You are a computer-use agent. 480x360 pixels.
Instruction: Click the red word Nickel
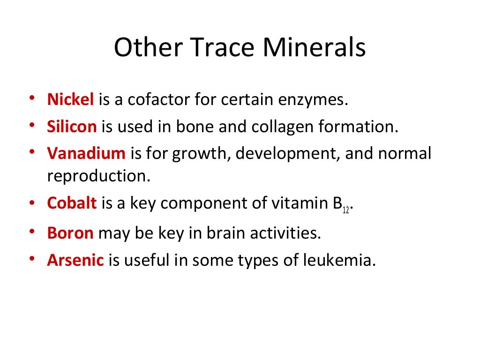point(71,100)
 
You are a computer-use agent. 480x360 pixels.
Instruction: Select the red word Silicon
point(72,127)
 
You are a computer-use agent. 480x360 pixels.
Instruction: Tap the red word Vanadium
point(86,154)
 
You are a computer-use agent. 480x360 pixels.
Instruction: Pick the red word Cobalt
point(72,203)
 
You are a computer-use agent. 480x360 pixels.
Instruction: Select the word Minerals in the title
point(314,48)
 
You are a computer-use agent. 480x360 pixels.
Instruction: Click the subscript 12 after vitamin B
point(345,210)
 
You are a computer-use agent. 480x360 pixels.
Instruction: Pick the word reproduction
point(98,176)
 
